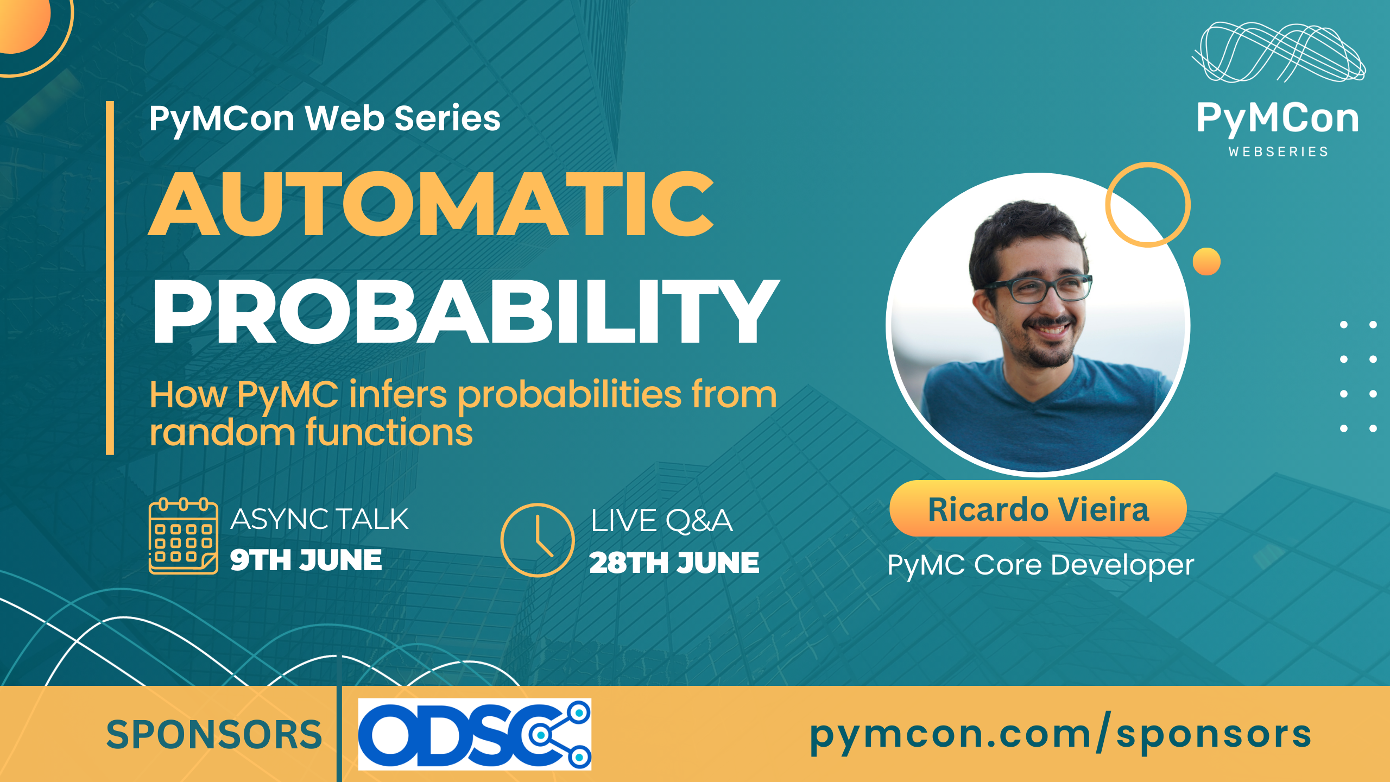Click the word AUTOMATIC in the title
(x=431, y=204)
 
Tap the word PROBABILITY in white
(x=466, y=312)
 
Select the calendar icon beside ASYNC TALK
(x=184, y=536)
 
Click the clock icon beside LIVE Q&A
(x=538, y=540)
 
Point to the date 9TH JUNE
(x=306, y=560)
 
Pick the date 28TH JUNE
(x=674, y=563)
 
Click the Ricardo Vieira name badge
(x=1038, y=509)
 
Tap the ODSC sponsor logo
(x=475, y=734)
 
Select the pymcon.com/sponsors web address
(x=1061, y=734)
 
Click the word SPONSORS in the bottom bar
(x=214, y=735)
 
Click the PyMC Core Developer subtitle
(x=1040, y=565)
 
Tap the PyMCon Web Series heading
(x=325, y=119)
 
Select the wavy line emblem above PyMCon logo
(x=1279, y=52)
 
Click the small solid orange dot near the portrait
(x=1206, y=262)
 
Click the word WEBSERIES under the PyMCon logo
(x=1279, y=152)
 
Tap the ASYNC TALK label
(x=319, y=519)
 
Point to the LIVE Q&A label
(x=661, y=521)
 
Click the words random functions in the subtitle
(x=311, y=432)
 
